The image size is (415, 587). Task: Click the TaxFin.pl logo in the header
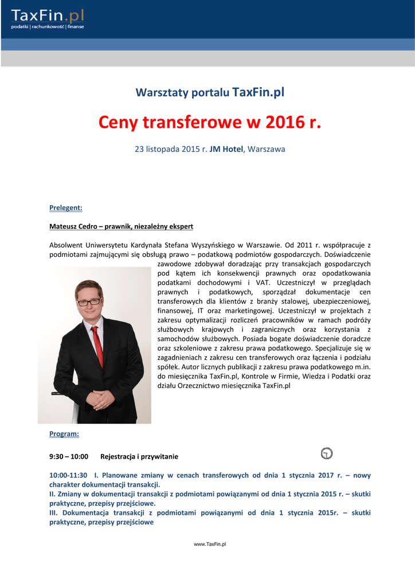pyautogui.click(x=48, y=16)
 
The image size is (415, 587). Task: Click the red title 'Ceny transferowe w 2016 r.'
pyautogui.click(x=210, y=122)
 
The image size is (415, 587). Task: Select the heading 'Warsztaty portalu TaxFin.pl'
pyautogui.click(x=210, y=92)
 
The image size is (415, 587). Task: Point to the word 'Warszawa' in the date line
pyautogui.click(x=266, y=149)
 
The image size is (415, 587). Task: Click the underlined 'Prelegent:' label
pyautogui.click(x=66, y=208)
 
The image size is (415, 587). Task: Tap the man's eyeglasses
pyautogui.click(x=89, y=302)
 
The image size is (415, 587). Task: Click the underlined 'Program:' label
pyautogui.click(x=64, y=434)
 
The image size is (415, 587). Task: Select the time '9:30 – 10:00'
pyautogui.click(x=69, y=457)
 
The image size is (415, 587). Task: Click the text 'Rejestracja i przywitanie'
pyautogui.click(x=139, y=457)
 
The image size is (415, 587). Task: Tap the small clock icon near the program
pyautogui.click(x=327, y=453)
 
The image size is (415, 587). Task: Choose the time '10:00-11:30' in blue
pyautogui.click(x=68, y=475)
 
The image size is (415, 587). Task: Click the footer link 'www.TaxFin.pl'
pyautogui.click(x=210, y=544)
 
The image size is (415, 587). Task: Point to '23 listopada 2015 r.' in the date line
pyautogui.click(x=170, y=149)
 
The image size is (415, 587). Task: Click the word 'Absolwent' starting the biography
pyautogui.click(x=66, y=245)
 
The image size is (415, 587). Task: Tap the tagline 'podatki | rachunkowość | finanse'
pyautogui.click(x=48, y=27)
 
